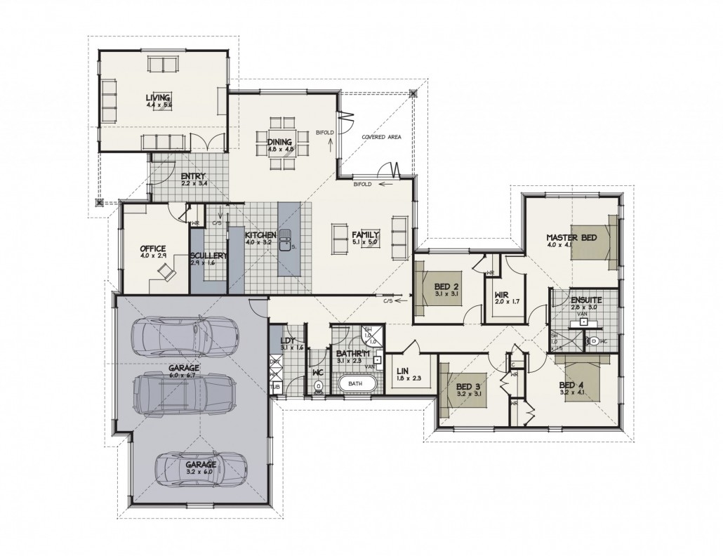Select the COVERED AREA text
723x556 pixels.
[381, 137]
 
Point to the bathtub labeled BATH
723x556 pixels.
[355, 385]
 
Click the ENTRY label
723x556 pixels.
[192, 176]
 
